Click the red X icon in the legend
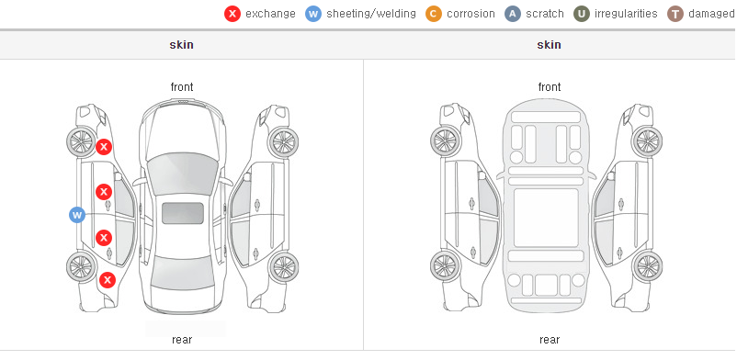(232, 14)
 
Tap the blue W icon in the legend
(313, 14)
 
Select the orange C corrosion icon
(434, 14)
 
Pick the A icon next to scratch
(513, 14)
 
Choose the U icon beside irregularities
(582, 14)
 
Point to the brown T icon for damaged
(675, 14)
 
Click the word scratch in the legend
(545, 14)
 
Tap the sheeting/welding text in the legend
(371, 14)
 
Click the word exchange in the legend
(270, 14)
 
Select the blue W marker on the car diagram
(77, 215)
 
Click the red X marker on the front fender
(104, 147)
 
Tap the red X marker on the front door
(104, 192)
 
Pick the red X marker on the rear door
(104, 238)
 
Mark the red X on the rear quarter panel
(108, 281)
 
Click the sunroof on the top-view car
(183, 213)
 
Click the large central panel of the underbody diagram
(546, 218)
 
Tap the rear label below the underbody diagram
(549, 340)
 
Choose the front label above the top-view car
(182, 87)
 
